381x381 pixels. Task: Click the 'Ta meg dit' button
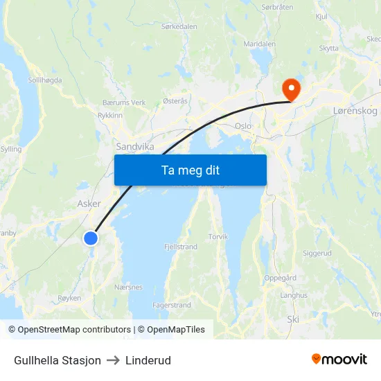coord(190,170)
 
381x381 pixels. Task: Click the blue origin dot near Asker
coord(91,238)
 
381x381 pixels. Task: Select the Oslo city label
coord(243,126)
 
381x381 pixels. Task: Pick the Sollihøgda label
coord(45,80)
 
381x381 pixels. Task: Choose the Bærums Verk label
coord(123,103)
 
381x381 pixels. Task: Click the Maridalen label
coord(260,44)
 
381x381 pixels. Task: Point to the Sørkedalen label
coord(179,26)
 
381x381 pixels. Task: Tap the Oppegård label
coord(281,278)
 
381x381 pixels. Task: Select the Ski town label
coord(293,319)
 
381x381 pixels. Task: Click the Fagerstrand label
coord(172,305)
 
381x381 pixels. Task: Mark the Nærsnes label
coord(128,287)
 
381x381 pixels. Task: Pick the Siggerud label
coord(317,254)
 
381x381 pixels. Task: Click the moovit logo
coord(339,359)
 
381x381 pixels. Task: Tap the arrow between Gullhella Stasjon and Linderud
coord(113,360)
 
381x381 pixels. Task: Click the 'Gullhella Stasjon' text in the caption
coord(57,360)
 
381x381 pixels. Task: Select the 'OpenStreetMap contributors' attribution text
coord(75,330)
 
